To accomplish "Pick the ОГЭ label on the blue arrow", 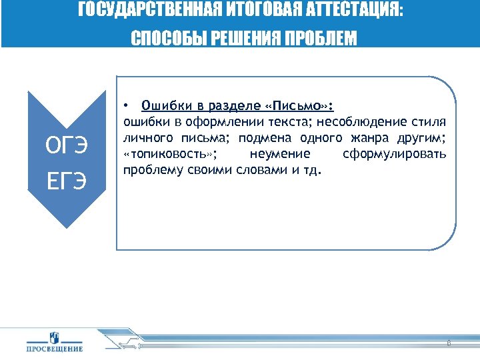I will (65, 144).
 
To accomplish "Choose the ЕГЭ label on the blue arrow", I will (65, 180).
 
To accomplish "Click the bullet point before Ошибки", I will (126, 106).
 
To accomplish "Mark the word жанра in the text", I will (360, 138).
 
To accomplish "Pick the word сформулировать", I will (394, 154).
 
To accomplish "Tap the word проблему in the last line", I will (149, 170).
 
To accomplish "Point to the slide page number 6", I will (448, 343).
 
